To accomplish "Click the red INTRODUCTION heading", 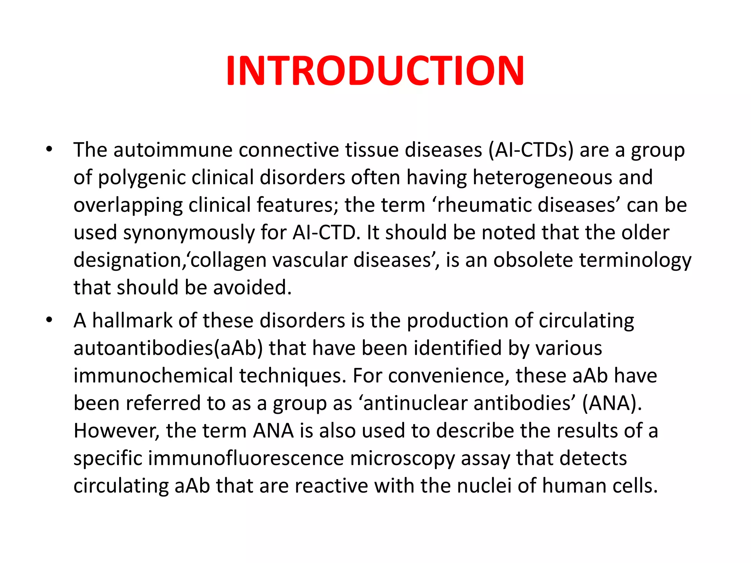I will pyautogui.click(x=375, y=70).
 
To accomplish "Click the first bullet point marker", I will pyautogui.click(x=49, y=150).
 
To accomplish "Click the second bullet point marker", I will pyautogui.click(x=49, y=320).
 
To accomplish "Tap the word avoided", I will pyautogui.click(x=252, y=287).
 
